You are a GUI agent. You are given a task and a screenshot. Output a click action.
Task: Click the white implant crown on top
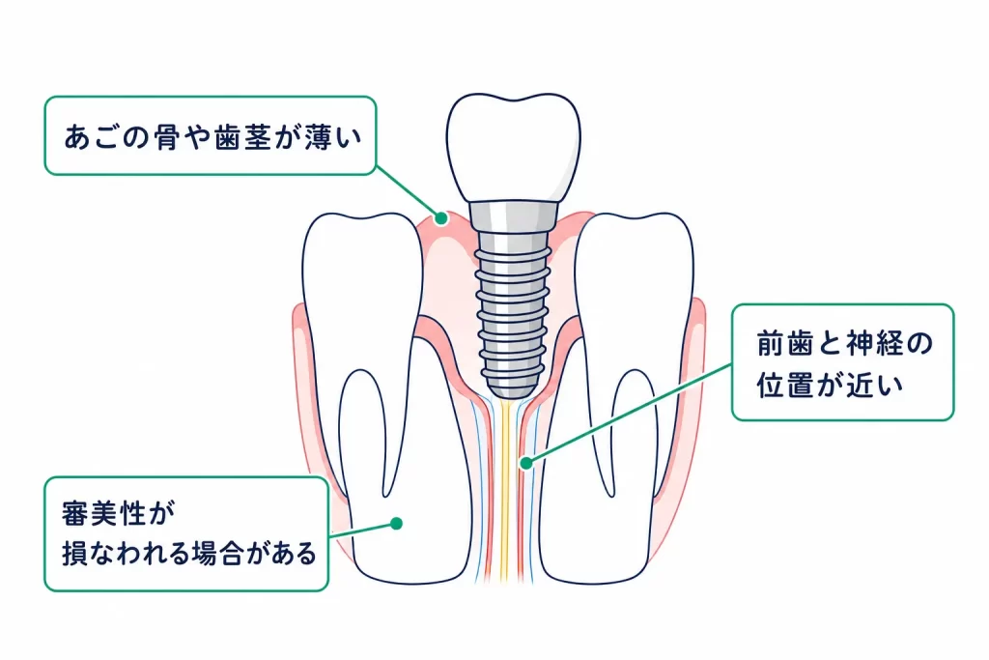(x=514, y=148)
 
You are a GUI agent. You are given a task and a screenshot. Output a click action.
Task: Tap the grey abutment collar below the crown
(x=514, y=215)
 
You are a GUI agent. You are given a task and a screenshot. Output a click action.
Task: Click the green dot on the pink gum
(x=441, y=218)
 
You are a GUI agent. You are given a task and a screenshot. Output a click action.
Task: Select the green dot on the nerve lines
(x=526, y=463)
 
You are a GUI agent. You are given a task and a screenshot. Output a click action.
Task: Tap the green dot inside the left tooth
(x=396, y=523)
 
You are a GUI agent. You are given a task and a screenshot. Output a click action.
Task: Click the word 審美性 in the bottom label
(x=104, y=513)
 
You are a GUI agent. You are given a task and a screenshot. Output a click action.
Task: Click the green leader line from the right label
(x=629, y=414)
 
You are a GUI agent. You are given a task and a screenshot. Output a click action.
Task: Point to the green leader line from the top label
(x=409, y=192)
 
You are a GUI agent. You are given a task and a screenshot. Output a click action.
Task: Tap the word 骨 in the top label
(x=166, y=137)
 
